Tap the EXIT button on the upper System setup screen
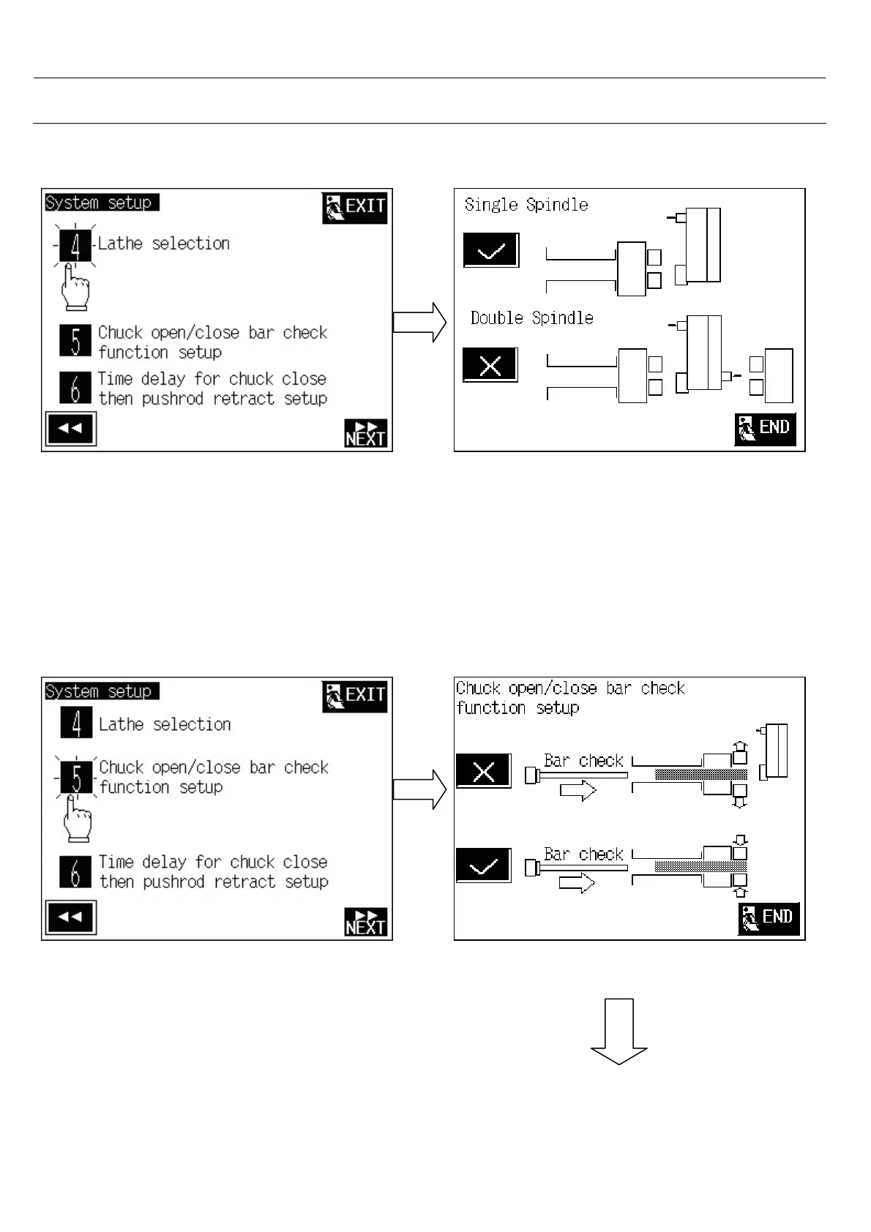coord(354,208)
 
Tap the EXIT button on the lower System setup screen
coord(354,696)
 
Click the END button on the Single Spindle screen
coord(765,428)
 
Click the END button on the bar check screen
coord(768,917)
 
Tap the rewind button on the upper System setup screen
coord(70,429)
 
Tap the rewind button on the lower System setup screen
coord(70,917)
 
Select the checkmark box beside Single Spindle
coord(490,250)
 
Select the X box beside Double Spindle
coord(490,365)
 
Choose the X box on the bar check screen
coord(483,771)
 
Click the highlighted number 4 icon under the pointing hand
coord(75,245)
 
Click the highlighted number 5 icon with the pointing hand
coord(76,777)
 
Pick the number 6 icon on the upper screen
coord(75,388)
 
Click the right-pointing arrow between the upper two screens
coord(419,322)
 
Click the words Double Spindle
coord(531,318)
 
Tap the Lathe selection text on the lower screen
coord(165,724)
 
